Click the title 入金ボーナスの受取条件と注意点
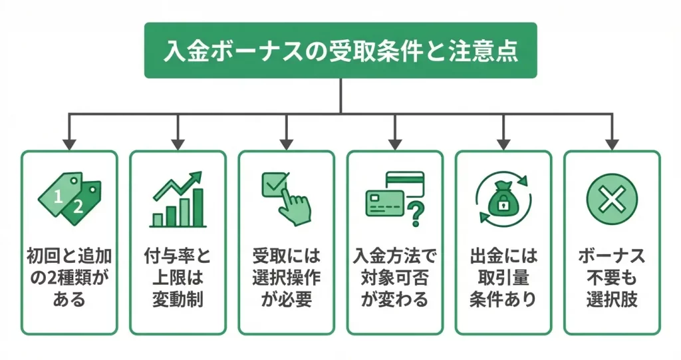point(340,52)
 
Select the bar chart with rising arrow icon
point(178,199)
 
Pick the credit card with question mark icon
point(394,199)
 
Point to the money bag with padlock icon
point(503,198)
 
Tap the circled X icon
point(612,198)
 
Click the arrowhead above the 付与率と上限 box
point(178,143)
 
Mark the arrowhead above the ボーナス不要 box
point(612,143)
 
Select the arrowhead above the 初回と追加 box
point(69,143)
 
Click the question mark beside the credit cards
point(416,214)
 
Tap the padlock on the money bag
point(503,205)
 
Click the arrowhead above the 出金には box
point(503,143)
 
